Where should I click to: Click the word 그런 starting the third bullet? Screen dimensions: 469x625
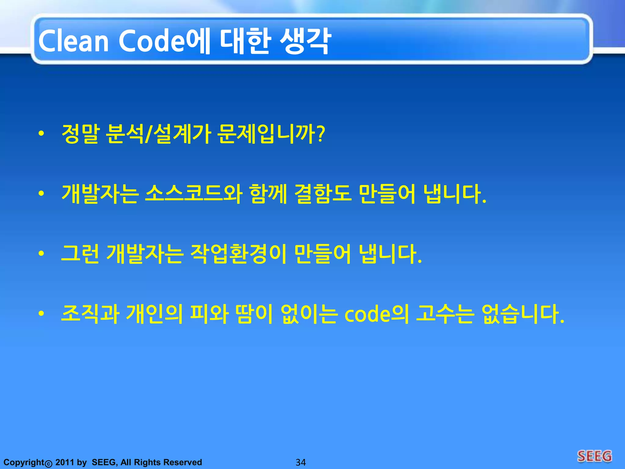coord(80,254)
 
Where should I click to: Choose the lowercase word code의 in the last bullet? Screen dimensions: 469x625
coord(377,314)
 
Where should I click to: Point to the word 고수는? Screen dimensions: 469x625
coord(445,314)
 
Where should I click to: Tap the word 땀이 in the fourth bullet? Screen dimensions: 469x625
coord(254,314)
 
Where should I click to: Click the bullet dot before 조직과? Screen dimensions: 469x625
coord(42,314)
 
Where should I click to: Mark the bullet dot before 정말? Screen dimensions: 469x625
coord(42,133)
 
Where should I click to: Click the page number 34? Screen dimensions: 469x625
coord(301,462)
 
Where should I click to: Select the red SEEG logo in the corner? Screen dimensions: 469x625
coord(594,456)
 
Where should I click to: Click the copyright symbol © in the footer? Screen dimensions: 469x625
coord(49,464)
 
